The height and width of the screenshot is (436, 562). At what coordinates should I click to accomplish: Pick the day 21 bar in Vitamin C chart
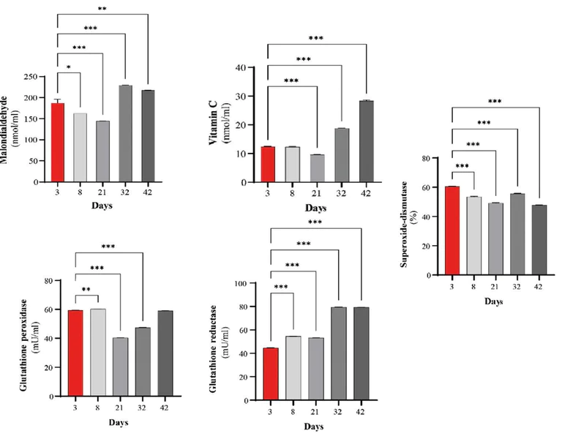[x=316, y=168]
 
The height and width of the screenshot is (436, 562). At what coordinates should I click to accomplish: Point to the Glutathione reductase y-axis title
[x=218, y=344]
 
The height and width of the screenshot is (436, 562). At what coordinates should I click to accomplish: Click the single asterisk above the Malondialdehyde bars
[x=69, y=67]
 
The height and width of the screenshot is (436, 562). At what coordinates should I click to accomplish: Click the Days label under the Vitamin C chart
[x=316, y=208]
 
